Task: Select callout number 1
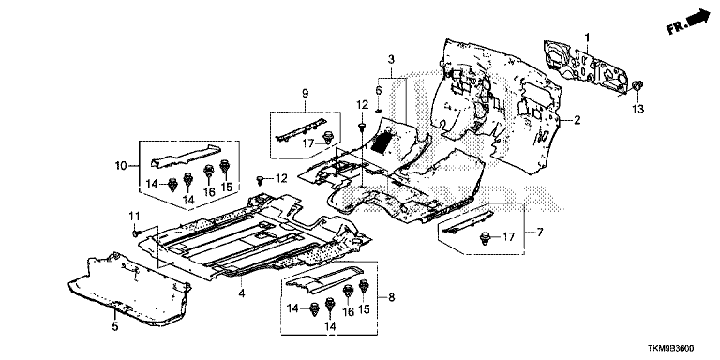[x=586, y=37]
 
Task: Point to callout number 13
[x=638, y=110]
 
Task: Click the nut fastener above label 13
[x=637, y=86]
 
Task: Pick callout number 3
[x=391, y=59]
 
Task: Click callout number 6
[x=379, y=90]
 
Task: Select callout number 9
[x=306, y=93]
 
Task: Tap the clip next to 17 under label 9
[x=328, y=137]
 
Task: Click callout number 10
[x=121, y=165]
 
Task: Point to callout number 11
[x=134, y=216]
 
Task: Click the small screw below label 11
[x=136, y=233]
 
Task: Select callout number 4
[x=242, y=292]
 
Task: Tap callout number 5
[x=115, y=326]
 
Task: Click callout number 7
[x=540, y=232]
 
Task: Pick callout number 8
[x=391, y=297]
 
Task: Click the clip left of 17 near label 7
[x=484, y=238]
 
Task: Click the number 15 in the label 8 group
[x=364, y=310]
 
